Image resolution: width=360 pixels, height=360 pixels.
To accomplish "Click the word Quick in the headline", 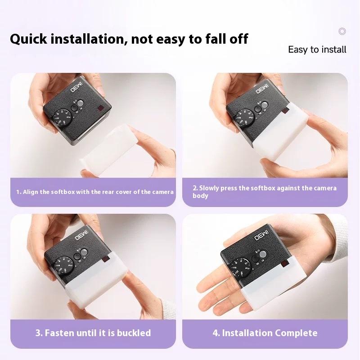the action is (28, 39).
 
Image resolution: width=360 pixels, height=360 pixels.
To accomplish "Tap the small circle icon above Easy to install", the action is (342, 31).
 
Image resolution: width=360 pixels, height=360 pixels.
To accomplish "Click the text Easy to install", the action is (317, 49).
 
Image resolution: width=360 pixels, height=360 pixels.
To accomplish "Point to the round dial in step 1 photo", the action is (63, 118).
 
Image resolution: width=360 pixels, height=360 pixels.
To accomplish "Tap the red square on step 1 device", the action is (100, 108).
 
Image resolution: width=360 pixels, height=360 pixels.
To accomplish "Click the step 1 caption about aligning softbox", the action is (95, 192).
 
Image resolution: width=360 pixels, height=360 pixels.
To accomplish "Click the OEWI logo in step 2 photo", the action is (262, 89).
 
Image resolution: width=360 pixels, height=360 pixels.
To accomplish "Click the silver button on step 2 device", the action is (265, 105).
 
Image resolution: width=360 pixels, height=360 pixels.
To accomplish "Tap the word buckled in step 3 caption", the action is (134, 333).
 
